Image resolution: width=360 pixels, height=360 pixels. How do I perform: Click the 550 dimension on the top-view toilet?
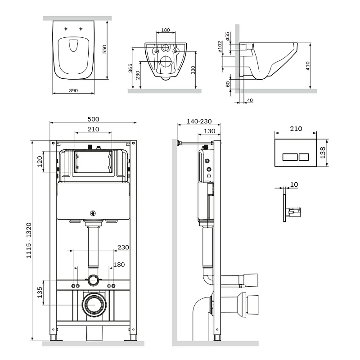click(104, 49)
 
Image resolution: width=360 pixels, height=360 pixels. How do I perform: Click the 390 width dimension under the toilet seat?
click(73, 90)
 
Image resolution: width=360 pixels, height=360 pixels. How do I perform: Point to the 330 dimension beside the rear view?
click(193, 69)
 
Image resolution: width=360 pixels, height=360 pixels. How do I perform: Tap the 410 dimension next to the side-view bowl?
click(307, 66)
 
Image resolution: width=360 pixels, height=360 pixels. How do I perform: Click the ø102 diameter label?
click(220, 48)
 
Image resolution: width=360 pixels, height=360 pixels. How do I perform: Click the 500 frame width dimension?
click(93, 119)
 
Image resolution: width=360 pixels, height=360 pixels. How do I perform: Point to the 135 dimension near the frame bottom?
click(40, 292)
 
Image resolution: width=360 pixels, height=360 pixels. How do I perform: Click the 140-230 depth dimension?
click(198, 122)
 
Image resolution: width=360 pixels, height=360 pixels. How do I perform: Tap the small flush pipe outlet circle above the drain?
click(93, 280)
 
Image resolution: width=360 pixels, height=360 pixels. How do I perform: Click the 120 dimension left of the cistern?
click(40, 161)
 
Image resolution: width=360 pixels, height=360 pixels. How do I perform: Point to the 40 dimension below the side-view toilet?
click(250, 100)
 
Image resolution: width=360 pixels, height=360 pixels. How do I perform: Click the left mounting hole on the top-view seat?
click(66, 28)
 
